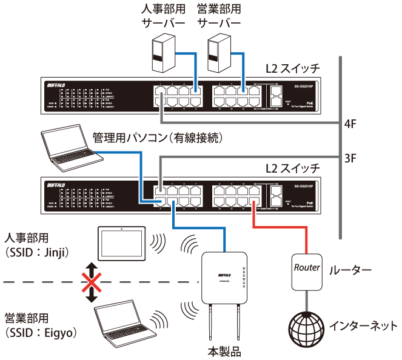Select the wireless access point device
tap(224, 277)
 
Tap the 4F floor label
tap(349, 126)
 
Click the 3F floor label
tap(349, 159)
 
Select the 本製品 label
tap(224, 352)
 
